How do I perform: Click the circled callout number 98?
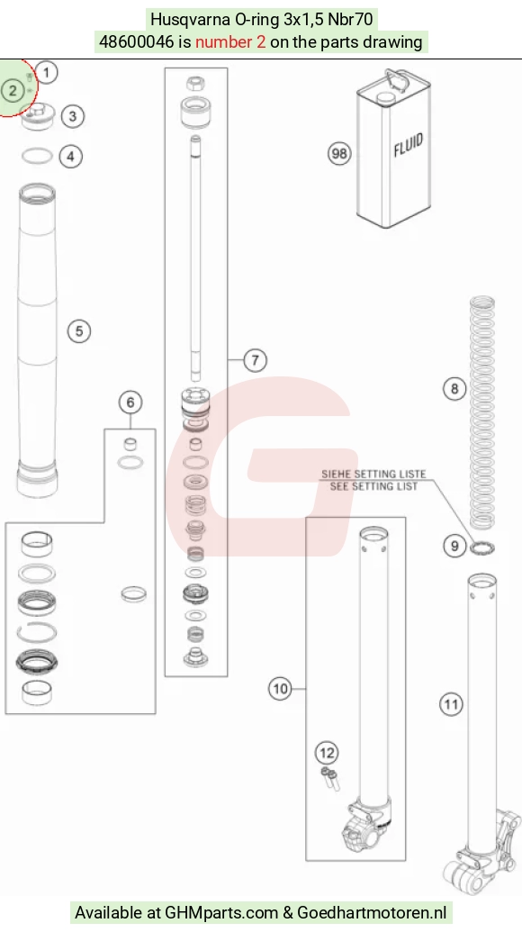(x=339, y=153)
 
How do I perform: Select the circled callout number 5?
(x=79, y=331)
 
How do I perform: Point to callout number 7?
(x=256, y=360)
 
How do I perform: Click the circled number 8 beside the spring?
(x=454, y=389)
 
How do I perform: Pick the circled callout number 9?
(x=454, y=545)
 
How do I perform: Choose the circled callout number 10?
(x=280, y=689)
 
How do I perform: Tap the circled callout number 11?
(x=451, y=704)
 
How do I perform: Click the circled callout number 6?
(x=130, y=403)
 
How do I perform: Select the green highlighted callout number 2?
(x=13, y=91)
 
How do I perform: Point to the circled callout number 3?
(x=73, y=116)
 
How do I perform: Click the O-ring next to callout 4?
(x=37, y=157)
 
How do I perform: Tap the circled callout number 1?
(x=47, y=73)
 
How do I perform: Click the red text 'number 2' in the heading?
(x=230, y=42)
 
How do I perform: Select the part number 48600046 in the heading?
(x=137, y=42)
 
